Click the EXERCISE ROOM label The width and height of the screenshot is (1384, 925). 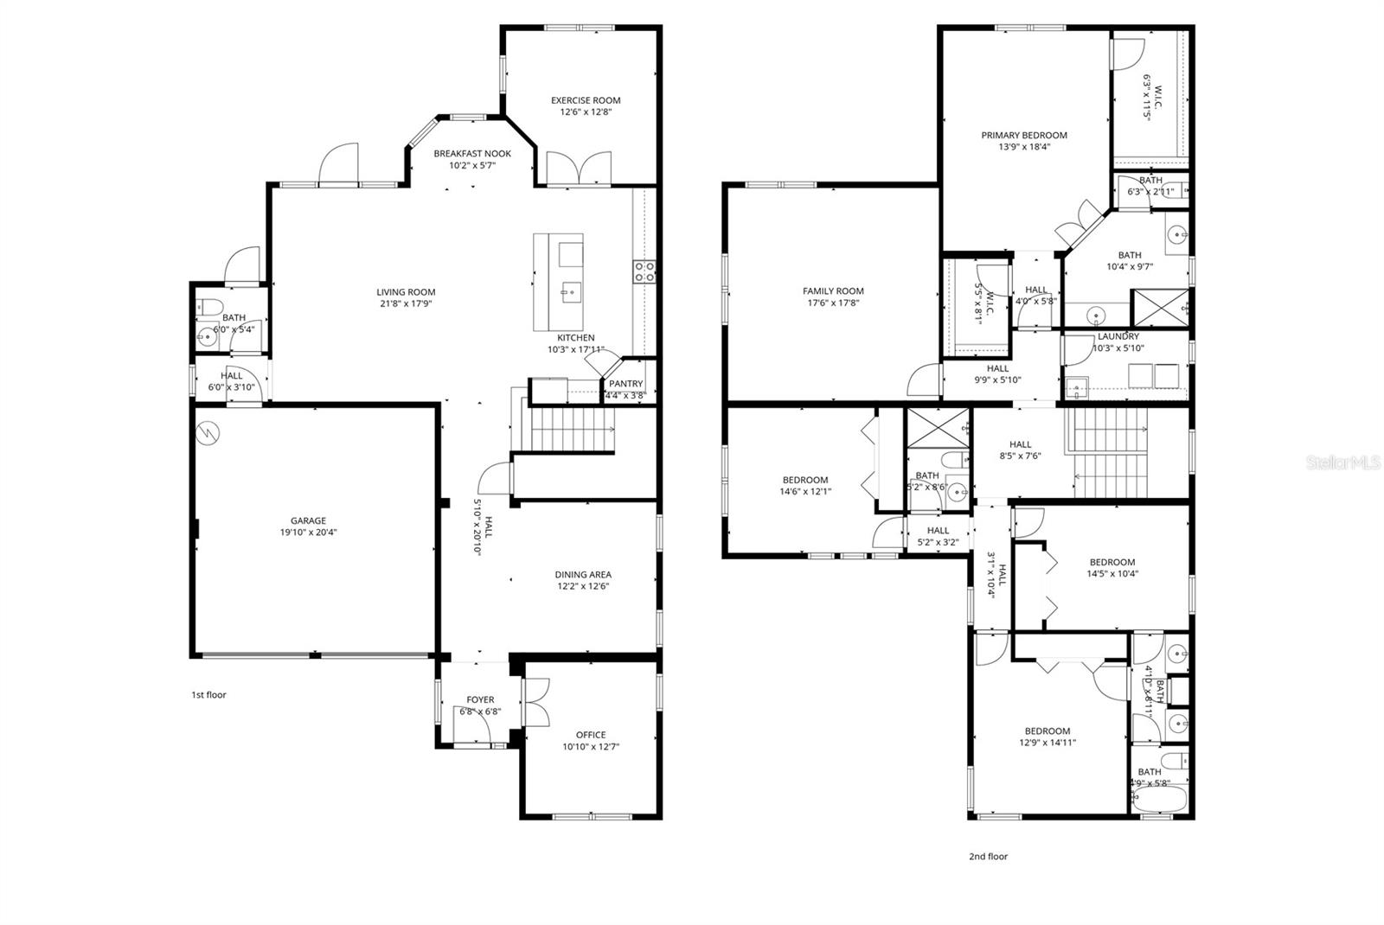point(586,100)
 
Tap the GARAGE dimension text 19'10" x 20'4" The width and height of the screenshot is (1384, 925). point(308,533)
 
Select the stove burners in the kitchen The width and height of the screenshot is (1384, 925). point(644,271)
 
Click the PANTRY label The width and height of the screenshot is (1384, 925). point(625,384)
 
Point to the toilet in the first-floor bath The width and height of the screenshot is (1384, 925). point(208,306)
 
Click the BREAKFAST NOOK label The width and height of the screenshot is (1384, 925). point(472,154)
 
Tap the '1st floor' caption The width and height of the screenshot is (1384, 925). point(208,694)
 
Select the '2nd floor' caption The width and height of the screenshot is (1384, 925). point(988,857)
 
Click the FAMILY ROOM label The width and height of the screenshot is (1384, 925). point(833,291)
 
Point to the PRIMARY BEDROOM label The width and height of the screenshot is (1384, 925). point(1023,135)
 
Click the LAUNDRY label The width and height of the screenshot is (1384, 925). point(1118,336)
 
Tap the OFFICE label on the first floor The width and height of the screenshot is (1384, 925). point(591,735)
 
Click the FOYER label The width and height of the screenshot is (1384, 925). point(480,700)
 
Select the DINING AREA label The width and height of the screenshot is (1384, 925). point(583,574)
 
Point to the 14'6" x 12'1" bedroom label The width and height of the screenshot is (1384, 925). point(805,480)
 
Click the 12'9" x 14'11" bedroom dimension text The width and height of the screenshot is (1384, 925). point(1048,742)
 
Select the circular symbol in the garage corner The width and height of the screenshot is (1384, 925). point(208,432)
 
